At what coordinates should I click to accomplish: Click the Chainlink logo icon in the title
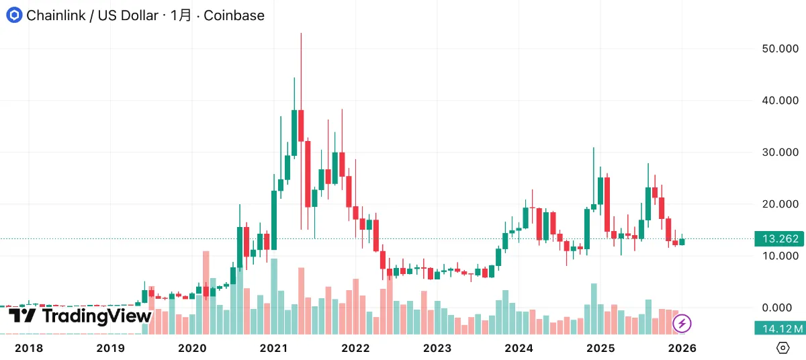pyautogui.click(x=14, y=15)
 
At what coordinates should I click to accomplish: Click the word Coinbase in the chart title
pyautogui.click(x=234, y=15)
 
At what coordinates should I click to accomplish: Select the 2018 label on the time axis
pyautogui.click(x=29, y=348)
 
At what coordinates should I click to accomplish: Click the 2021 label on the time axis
pyautogui.click(x=273, y=348)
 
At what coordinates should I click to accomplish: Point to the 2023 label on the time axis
pyautogui.click(x=437, y=348)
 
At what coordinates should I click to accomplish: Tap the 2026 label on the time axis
pyautogui.click(x=682, y=348)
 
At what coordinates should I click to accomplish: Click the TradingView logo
pyautogui.click(x=80, y=316)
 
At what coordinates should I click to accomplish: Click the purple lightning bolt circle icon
pyautogui.click(x=682, y=324)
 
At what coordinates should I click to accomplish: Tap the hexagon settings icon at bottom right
pyautogui.click(x=782, y=348)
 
